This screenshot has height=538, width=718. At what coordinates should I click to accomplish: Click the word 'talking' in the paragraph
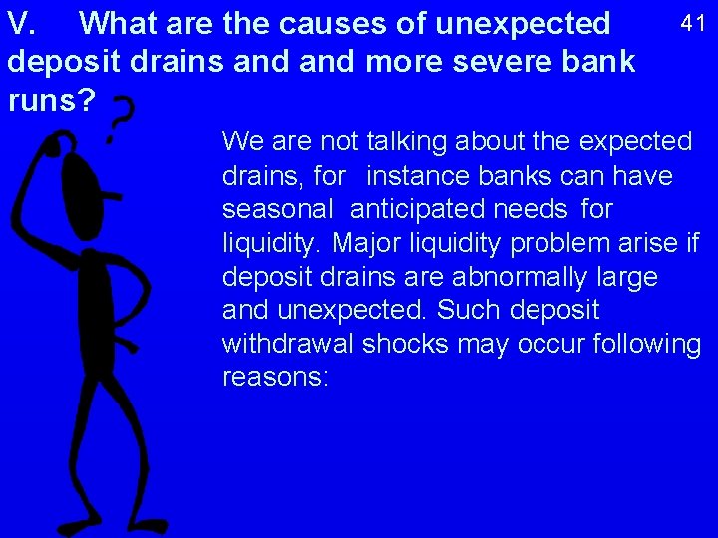point(412,141)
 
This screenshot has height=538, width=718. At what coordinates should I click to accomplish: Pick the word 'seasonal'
point(278,210)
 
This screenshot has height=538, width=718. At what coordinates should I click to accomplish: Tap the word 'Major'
point(364,243)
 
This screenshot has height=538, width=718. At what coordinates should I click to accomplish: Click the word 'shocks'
point(410,344)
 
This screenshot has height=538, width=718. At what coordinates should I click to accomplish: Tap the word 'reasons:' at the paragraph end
point(275,378)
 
